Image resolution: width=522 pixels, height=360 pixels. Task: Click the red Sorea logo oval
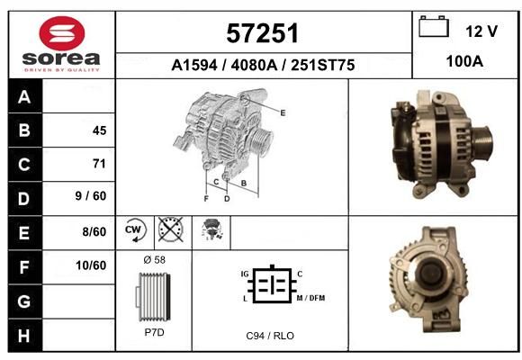62,33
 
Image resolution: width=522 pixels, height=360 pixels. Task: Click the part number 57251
262,33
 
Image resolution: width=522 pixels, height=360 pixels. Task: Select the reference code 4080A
254,65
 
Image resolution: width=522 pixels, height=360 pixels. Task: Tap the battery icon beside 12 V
434,26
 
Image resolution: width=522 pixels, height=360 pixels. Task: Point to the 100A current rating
464,61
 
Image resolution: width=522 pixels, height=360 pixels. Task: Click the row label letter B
24,130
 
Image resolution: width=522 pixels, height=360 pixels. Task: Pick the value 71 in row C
99,164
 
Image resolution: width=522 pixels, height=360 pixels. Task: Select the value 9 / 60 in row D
91,196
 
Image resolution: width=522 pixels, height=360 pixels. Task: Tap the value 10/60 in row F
91,265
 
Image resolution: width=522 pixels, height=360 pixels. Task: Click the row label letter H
24,336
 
